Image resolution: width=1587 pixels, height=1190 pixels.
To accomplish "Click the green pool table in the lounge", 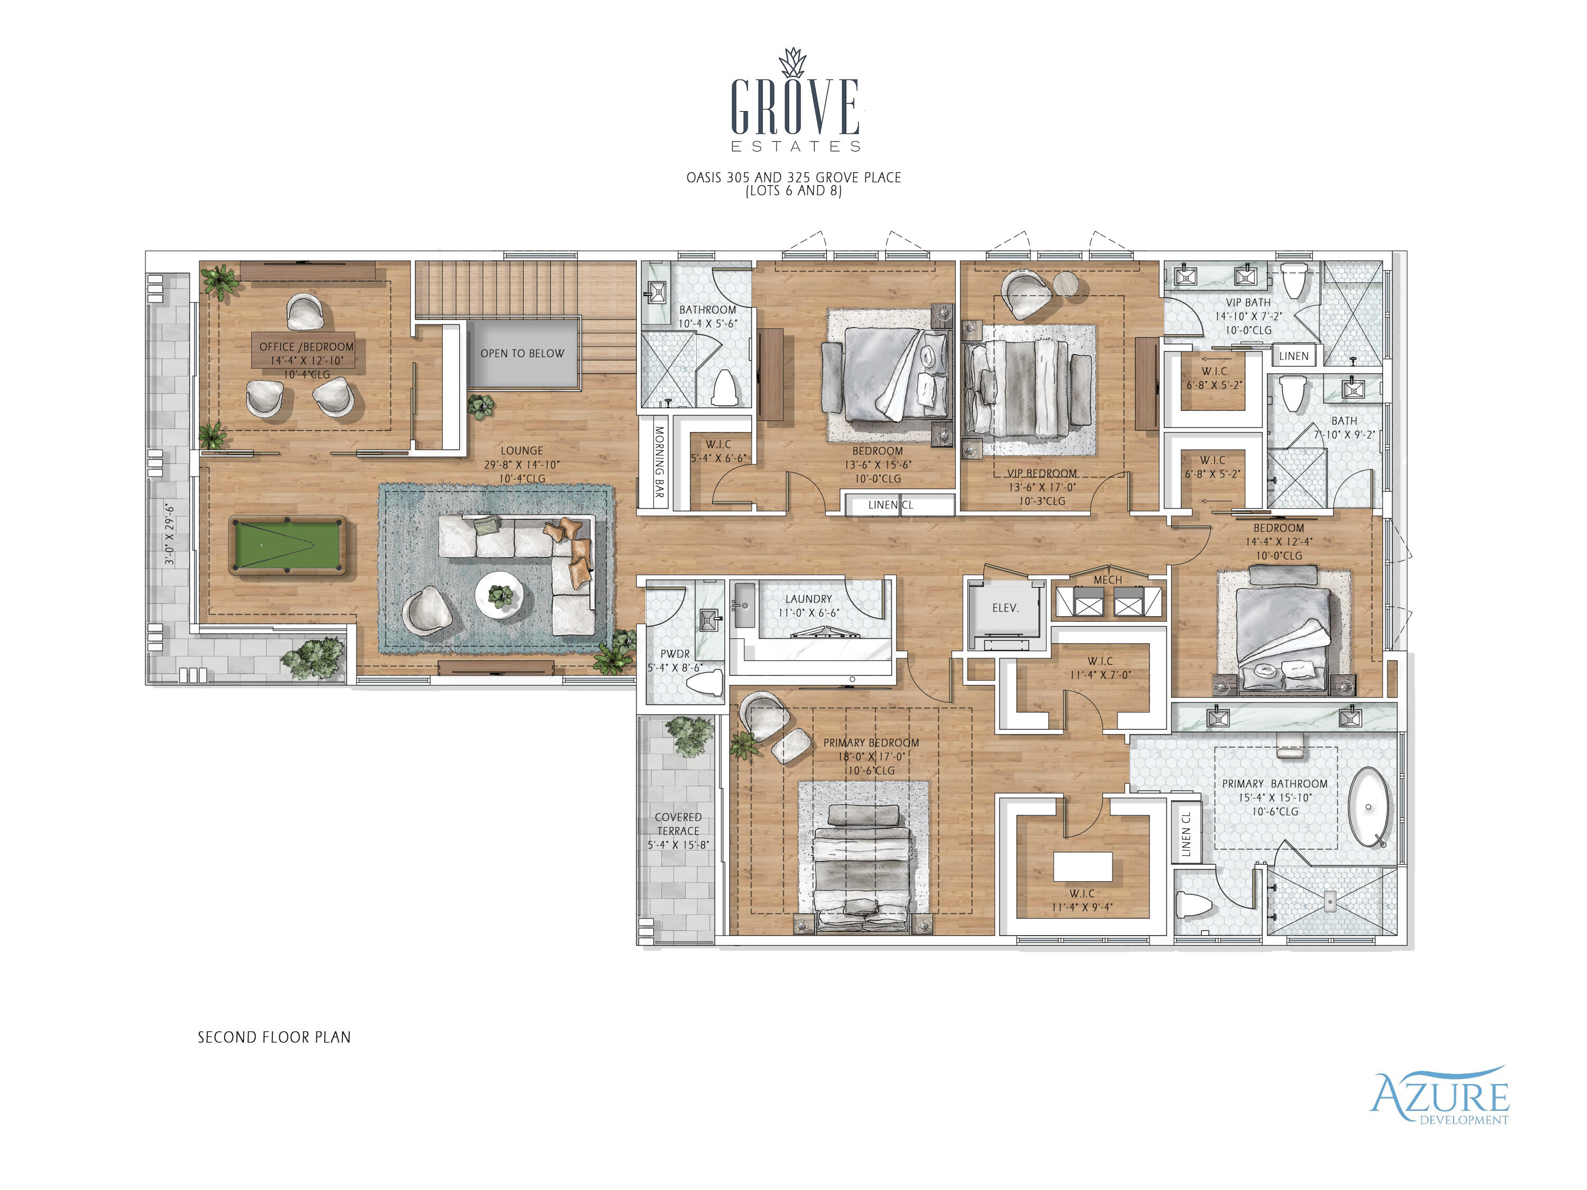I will (x=287, y=545).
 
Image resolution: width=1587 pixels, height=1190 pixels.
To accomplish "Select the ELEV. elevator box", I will (x=1005, y=608).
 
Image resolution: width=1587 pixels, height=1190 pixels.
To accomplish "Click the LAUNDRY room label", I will (x=808, y=599).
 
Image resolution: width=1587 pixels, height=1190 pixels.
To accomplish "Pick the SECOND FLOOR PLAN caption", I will (x=274, y=1037).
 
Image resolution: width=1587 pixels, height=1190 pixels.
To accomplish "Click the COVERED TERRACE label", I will (x=678, y=824).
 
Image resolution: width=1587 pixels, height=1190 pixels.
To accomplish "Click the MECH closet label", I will (x=1107, y=580).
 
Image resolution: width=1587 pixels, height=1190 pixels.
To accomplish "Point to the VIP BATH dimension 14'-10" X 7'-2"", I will (x=1248, y=316).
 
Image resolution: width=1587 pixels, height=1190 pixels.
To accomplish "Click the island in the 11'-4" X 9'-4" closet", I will (x=1083, y=866).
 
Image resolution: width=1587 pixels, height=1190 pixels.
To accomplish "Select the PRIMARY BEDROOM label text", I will (x=871, y=743).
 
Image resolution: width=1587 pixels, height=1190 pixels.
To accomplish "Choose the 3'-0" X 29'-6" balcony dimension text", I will (x=169, y=534).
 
